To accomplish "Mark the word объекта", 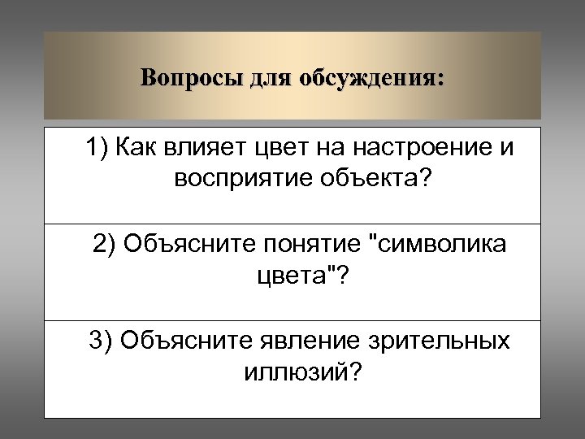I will point(370,178).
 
